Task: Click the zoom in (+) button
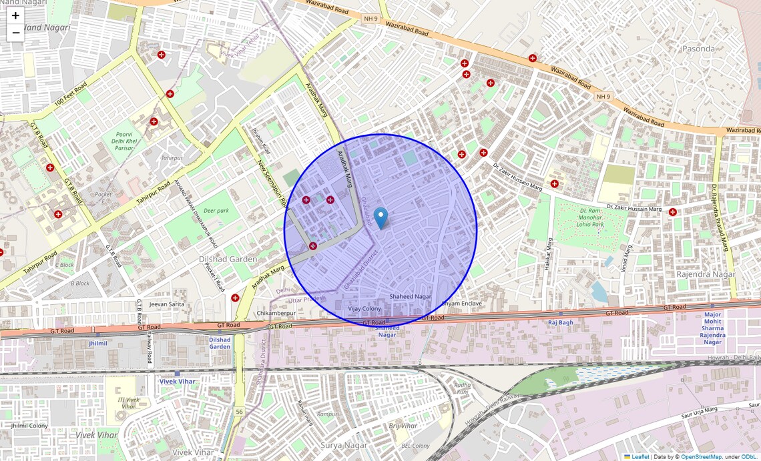coord(15,16)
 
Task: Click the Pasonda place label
coord(698,49)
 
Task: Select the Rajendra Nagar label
coord(706,274)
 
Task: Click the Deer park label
coord(216,211)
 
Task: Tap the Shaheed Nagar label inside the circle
coord(411,297)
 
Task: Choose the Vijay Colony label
coord(364,309)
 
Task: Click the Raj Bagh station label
coord(561,322)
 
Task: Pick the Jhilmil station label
coord(97,343)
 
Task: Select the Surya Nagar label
coord(344,445)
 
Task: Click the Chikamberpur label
coord(276,313)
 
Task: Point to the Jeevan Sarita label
coord(167,304)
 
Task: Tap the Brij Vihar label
coord(403,426)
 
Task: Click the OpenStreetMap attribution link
coord(701,457)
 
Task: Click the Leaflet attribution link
coord(640,457)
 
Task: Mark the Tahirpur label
coord(172,158)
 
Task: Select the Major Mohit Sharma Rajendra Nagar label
coord(713,328)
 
